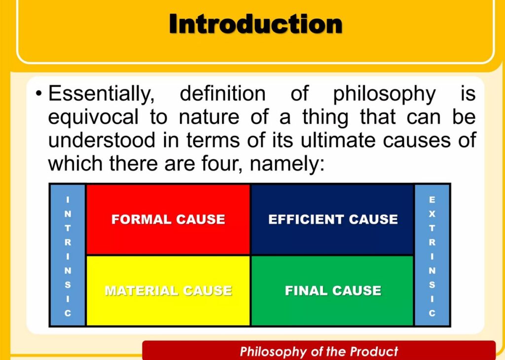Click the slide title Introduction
point(256,24)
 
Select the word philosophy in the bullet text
point(384,95)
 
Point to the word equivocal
point(93,118)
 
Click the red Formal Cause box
point(168,219)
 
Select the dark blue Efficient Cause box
point(332,219)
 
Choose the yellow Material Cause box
point(168,291)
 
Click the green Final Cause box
point(332,291)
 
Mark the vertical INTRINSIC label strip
point(68,255)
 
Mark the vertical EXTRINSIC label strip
point(432,255)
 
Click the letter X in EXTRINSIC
point(432,214)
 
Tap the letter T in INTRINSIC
point(68,228)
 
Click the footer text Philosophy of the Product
point(319,351)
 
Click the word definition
point(222,94)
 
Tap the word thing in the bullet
point(325,118)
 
